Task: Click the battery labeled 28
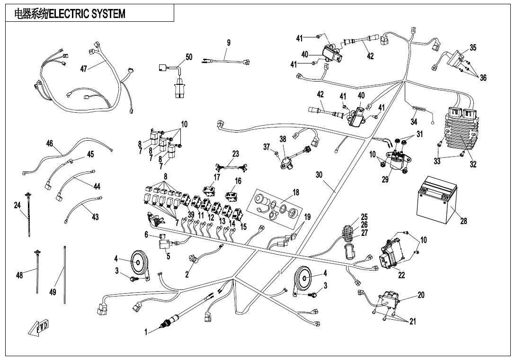click(x=435, y=201)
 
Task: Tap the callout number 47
click(x=84, y=69)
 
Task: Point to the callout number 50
click(x=189, y=57)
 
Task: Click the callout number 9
click(x=229, y=43)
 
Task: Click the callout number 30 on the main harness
click(x=319, y=175)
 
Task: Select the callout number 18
click(x=296, y=193)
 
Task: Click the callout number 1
click(x=147, y=333)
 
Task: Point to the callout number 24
click(x=18, y=205)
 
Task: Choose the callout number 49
click(x=53, y=292)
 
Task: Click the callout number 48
click(x=19, y=275)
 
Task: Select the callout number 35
click(x=473, y=48)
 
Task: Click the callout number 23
click(x=236, y=154)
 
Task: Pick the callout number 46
click(x=49, y=144)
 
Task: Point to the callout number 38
click(x=283, y=139)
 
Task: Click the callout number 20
click(x=421, y=295)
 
